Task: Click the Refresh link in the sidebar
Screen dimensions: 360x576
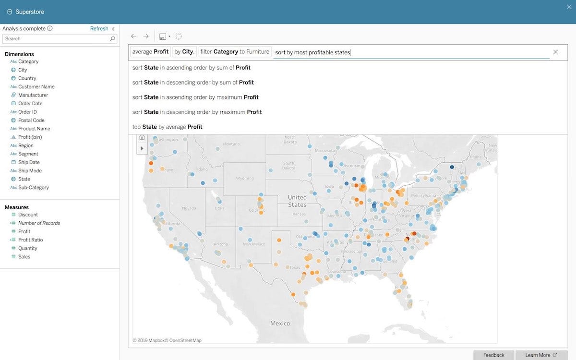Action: pyautogui.click(x=99, y=28)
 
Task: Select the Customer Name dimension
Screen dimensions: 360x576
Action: pyautogui.click(x=36, y=86)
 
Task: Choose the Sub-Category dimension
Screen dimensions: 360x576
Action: pyautogui.click(x=34, y=187)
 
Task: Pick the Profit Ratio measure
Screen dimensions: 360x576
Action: pyautogui.click(x=31, y=240)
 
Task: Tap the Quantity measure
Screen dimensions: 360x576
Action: pyautogui.click(x=28, y=248)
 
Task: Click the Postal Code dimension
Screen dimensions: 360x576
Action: pyautogui.click(x=31, y=120)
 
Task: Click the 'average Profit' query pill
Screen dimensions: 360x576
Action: pyautogui.click(x=150, y=52)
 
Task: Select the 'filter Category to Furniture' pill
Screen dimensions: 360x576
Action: pyautogui.click(x=235, y=52)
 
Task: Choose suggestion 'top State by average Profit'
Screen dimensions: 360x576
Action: pyautogui.click(x=167, y=127)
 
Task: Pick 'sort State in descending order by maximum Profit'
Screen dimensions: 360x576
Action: pyautogui.click(x=197, y=112)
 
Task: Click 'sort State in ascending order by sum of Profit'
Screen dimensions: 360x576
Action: pyautogui.click(x=191, y=68)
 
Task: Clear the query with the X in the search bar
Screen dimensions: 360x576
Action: pyautogui.click(x=555, y=52)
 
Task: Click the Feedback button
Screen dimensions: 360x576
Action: pyautogui.click(x=493, y=355)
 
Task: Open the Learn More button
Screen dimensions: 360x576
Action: pyautogui.click(x=540, y=355)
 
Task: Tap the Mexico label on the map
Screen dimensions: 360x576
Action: pyautogui.click(x=280, y=323)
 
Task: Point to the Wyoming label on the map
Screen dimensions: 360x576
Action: pyautogui.click(x=245, y=179)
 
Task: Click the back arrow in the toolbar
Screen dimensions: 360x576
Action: pyautogui.click(x=133, y=36)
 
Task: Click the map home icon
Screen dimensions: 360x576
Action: pyautogui.click(x=142, y=137)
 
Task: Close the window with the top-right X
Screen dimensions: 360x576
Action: pyautogui.click(x=569, y=7)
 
